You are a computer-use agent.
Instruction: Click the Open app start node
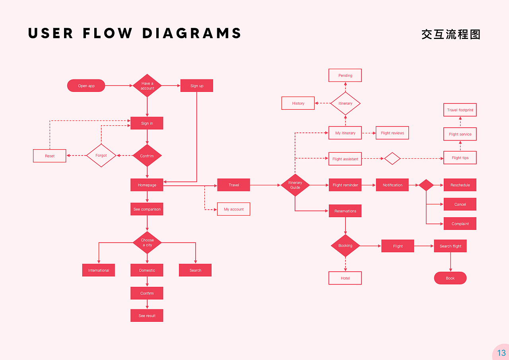click(x=86, y=86)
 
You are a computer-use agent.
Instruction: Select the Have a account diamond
click(x=147, y=86)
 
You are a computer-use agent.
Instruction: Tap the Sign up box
click(x=196, y=86)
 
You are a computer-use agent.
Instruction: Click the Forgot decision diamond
click(x=101, y=156)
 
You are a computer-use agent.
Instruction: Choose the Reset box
click(x=50, y=156)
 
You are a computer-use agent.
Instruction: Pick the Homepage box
click(x=147, y=185)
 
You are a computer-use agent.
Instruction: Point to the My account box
click(x=233, y=209)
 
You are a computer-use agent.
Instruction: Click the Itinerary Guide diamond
click(x=295, y=185)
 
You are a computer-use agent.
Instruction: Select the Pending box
click(x=345, y=76)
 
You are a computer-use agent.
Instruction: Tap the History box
click(x=298, y=103)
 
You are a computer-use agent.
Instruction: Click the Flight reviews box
click(x=392, y=133)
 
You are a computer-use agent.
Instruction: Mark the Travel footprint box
click(x=460, y=110)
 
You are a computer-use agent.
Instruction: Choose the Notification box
click(x=392, y=185)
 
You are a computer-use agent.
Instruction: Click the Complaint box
click(x=460, y=224)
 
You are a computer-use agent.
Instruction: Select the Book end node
click(x=450, y=278)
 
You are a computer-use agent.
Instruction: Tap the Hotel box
click(x=345, y=278)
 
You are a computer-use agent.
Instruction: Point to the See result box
click(x=147, y=315)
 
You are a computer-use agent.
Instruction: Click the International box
click(x=98, y=270)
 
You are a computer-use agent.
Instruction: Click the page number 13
click(x=501, y=352)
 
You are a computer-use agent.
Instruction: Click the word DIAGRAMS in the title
click(x=192, y=33)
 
